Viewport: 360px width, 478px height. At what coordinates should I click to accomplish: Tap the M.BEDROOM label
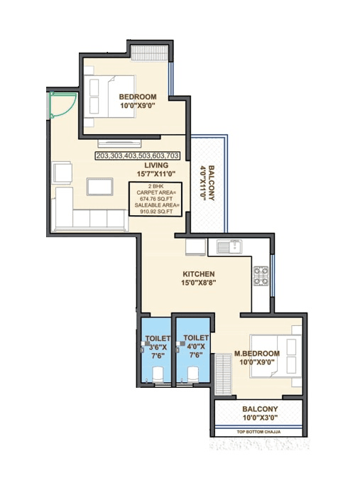256,353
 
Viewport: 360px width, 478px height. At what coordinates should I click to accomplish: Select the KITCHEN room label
199,273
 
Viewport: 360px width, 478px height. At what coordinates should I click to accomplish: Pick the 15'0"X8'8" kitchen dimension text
199,283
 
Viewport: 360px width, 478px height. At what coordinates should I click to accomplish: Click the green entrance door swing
59,107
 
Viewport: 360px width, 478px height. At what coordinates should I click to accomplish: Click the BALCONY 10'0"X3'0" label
258,413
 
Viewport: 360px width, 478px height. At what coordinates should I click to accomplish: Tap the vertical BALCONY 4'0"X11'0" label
206,184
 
